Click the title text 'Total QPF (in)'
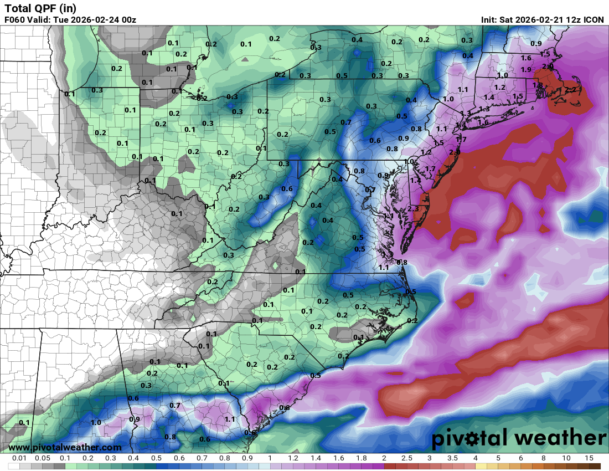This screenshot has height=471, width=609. [x=40, y=8]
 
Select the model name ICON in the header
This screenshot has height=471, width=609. [x=593, y=20]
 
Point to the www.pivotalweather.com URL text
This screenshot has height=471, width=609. [x=65, y=447]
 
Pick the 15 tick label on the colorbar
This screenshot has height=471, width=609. [x=589, y=458]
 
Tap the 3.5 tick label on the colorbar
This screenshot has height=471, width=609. [x=452, y=458]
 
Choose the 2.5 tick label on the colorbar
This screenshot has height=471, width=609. [x=407, y=458]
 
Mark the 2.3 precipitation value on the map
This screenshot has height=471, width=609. [x=413, y=209]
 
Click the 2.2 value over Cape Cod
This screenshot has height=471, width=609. [x=571, y=90]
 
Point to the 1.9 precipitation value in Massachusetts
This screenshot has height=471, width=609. [x=526, y=70]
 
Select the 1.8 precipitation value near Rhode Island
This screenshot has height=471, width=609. [x=538, y=85]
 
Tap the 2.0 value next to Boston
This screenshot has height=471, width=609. [x=548, y=66]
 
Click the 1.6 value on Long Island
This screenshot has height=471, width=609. [x=483, y=122]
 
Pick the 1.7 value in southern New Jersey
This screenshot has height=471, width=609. [x=430, y=168]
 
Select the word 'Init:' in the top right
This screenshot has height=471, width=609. [x=489, y=20]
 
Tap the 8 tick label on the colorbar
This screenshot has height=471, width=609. [x=543, y=458]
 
